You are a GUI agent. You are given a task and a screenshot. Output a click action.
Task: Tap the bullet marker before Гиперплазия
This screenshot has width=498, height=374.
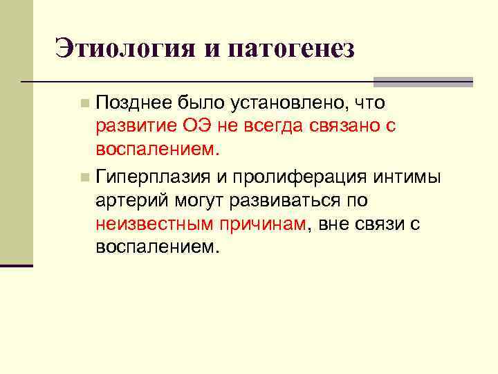84,177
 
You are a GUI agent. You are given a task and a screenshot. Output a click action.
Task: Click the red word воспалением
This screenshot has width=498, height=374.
156,149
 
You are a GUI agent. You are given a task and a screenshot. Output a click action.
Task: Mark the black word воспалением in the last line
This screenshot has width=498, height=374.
156,247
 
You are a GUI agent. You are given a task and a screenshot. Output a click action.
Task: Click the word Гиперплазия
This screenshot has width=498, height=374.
153,177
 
